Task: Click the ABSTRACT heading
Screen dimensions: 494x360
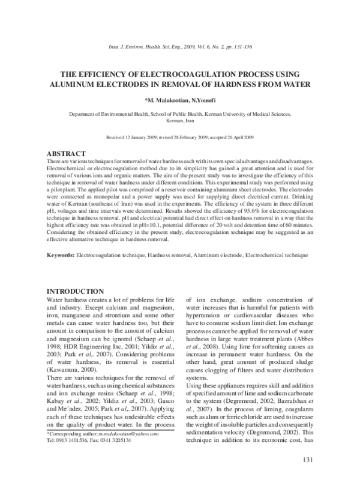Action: pyautogui.click(x=66, y=154)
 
